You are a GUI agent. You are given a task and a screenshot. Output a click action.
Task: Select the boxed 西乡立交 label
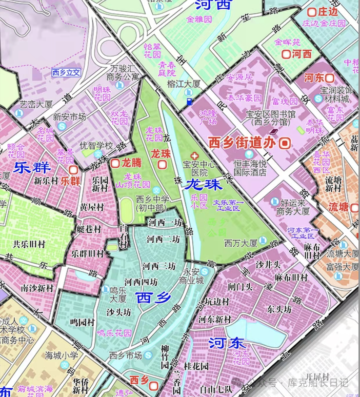point(66,72)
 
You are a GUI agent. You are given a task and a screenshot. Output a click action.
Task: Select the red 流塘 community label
point(338,207)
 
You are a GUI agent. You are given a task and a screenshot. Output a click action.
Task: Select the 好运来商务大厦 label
point(291,207)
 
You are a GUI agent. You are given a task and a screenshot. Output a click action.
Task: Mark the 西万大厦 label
point(241,243)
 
